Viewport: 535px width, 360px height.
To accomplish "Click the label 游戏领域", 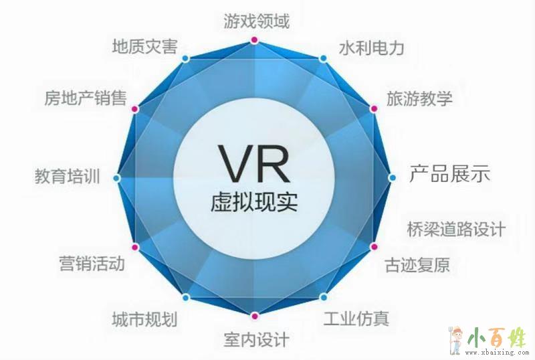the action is point(257,21).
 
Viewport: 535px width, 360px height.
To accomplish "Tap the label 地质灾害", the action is point(145,46).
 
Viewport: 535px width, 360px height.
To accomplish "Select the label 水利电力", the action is point(372,48).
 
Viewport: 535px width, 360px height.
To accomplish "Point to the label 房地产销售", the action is point(86,98).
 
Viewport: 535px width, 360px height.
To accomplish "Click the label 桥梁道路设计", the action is point(456,229).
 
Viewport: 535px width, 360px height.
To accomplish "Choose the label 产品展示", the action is point(449,173).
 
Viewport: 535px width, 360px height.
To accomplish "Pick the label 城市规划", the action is point(144,319).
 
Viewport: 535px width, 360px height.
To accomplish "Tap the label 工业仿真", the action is point(356,319).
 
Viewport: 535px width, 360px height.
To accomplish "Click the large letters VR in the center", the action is point(254,164).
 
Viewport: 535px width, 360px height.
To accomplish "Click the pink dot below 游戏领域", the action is point(253,40).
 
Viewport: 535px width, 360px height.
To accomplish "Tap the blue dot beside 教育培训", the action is point(116,178).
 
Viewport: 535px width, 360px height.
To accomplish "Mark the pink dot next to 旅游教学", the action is point(374,108).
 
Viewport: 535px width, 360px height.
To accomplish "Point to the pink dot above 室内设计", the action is point(254,316).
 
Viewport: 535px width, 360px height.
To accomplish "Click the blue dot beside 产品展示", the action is point(392,177).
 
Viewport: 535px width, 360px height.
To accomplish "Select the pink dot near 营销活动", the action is point(135,247).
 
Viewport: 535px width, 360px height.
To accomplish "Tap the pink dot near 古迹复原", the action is point(374,247).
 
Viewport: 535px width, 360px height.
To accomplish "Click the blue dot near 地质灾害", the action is point(185,58).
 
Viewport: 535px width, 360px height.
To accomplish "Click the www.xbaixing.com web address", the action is point(496,353).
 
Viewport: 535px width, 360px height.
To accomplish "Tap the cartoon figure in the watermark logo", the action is point(456,340).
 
